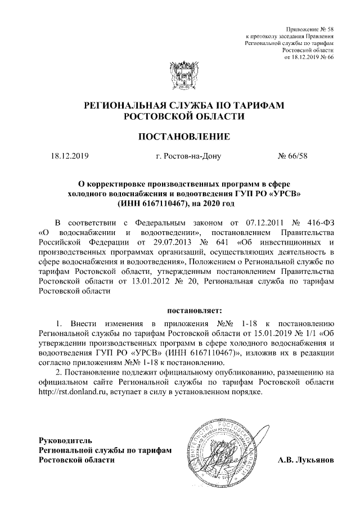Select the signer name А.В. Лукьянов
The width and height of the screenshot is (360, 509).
(x=306, y=460)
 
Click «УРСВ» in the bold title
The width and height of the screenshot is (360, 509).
(x=286, y=193)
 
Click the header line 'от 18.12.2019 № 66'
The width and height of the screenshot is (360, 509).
(x=310, y=57)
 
